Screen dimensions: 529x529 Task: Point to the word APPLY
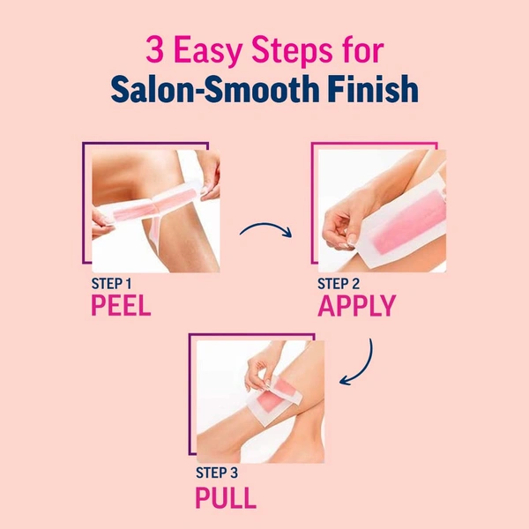coord(356,306)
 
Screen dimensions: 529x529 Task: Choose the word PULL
coord(226,496)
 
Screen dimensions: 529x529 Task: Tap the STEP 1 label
coord(111,284)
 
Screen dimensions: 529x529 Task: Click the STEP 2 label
coord(338,284)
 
